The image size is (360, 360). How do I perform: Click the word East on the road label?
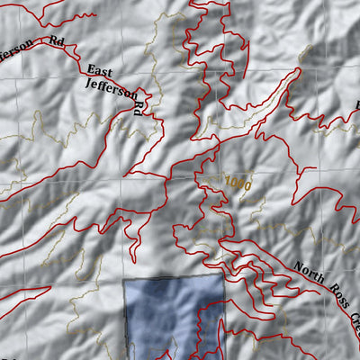pyautogui.click(x=99, y=71)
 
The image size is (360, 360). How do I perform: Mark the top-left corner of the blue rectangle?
pyautogui.click(x=123, y=279)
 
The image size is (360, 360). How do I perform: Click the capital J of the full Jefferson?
pyautogui.click(x=87, y=82)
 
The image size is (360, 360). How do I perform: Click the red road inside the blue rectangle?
pyautogui.click(x=200, y=324)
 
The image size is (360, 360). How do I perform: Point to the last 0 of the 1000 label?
pyautogui.click(x=247, y=186)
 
